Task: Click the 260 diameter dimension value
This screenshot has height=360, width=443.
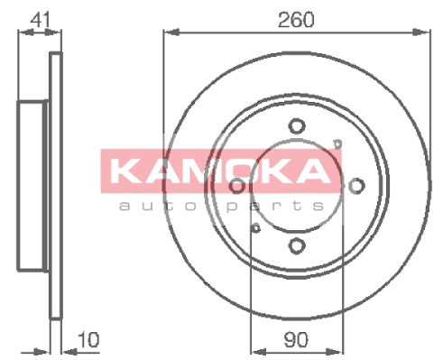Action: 296,19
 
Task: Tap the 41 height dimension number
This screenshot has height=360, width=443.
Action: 40,19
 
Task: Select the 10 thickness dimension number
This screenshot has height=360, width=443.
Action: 88,339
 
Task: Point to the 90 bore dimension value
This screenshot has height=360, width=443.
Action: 296,339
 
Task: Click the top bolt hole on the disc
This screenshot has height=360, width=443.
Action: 297,126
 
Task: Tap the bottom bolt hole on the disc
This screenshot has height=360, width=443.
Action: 297,245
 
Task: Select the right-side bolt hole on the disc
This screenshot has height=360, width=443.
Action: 356,186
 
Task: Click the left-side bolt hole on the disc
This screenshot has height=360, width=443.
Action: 237,186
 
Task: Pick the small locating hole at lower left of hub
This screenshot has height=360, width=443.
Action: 255,228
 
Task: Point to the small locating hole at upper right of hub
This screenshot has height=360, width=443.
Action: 337,143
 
